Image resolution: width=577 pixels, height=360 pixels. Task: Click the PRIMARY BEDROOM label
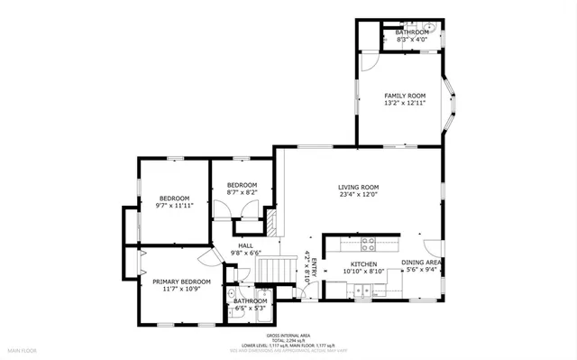175,282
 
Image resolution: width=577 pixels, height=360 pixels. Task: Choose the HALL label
245,245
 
